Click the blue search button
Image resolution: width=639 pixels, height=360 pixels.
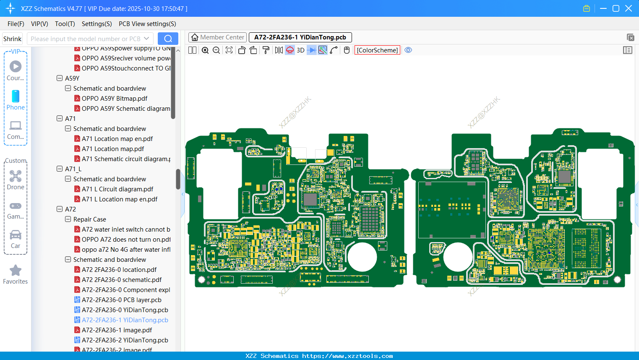coord(168,39)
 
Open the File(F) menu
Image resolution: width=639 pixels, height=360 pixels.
coord(16,24)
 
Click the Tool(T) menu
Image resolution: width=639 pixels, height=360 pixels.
coord(65,24)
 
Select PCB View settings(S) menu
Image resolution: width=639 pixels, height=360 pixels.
coord(147,24)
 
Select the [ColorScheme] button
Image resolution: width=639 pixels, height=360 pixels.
coord(377,50)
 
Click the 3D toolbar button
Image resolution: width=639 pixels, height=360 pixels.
coord(300,50)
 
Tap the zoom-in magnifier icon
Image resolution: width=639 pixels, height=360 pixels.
coord(205,50)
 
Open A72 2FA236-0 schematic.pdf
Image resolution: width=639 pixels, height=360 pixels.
coord(121,280)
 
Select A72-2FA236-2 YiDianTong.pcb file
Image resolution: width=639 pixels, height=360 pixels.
coord(125,340)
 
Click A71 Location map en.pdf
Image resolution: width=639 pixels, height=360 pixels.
coord(117,139)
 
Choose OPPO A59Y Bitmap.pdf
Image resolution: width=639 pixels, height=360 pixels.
coord(114,99)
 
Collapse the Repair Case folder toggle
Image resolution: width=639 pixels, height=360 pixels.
coord(68,219)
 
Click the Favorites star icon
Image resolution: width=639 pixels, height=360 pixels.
coord(16,271)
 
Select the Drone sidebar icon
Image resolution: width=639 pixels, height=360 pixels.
coord(16,177)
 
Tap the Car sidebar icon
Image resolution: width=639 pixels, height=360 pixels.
coord(16,235)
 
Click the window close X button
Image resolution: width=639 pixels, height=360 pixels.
coord(629,8)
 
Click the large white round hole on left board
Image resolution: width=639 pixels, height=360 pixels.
coord(362,257)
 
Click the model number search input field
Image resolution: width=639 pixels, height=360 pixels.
coord(86,39)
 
